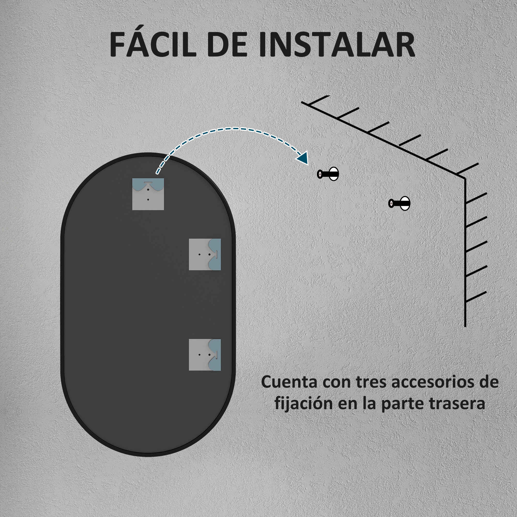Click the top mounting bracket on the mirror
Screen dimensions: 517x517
[148, 194]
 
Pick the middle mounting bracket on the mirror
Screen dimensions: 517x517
[205, 254]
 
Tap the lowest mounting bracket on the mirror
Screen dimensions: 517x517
[205, 355]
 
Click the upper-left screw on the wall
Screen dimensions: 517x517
[328, 174]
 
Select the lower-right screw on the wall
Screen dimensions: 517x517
[399, 203]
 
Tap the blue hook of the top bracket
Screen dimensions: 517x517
[148, 185]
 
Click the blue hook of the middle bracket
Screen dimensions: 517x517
[215, 254]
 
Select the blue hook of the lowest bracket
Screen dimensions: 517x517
[215, 355]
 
